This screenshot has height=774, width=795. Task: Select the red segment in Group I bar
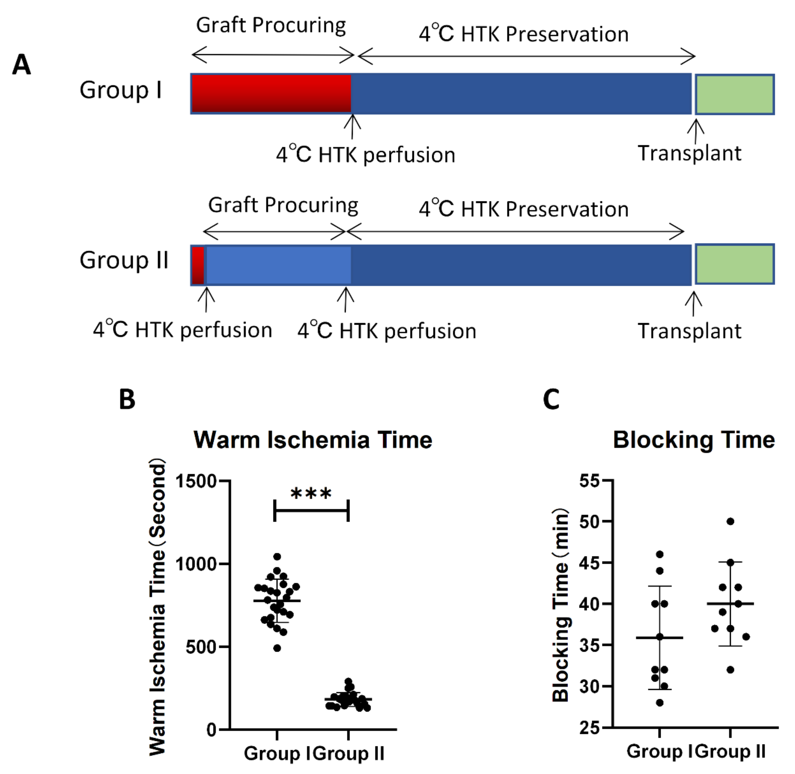(x=271, y=94)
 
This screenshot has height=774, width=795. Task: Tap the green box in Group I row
(x=734, y=94)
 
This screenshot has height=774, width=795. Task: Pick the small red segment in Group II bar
(x=198, y=265)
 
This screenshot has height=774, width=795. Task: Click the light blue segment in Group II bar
(x=278, y=265)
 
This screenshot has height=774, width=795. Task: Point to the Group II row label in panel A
(x=124, y=260)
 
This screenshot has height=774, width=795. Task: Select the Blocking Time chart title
(x=694, y=440)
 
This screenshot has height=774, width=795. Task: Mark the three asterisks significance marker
(x=311, y=494)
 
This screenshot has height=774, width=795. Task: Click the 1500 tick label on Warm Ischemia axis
(x=196, y=481)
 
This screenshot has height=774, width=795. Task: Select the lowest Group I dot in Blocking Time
(x=660, y=703)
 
